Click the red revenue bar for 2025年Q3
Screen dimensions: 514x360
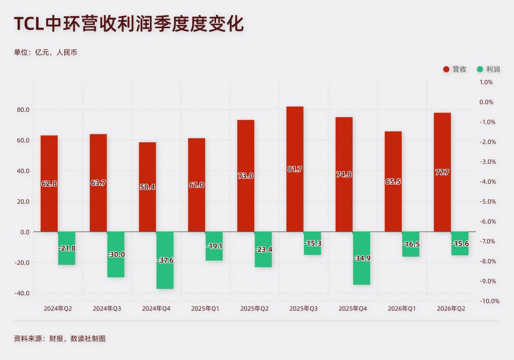point(295,169)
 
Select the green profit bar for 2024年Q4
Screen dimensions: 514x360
point(165,260)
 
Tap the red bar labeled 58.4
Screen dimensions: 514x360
point(148,187)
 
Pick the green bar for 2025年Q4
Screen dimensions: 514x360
point(362,259)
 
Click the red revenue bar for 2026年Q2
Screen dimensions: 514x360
point(442,172)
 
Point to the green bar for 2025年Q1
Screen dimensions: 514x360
point(214,246)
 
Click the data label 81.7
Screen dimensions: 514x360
point(295,169)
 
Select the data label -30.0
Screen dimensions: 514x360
point(116,254)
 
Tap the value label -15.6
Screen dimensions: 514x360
point(460,244)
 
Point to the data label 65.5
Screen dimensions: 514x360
point(393,181)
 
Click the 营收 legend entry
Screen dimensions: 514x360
point(455,69)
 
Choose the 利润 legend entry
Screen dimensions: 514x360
point(488,69)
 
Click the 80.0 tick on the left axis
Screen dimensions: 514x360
point(23,110)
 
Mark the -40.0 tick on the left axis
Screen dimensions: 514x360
point(21,293)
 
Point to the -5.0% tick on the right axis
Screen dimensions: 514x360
point(488,201)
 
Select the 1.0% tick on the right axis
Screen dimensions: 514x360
point(486,82)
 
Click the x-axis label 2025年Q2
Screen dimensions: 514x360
point(254,309)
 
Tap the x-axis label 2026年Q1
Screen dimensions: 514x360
point(402,309)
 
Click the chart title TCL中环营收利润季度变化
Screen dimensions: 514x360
point(129,24)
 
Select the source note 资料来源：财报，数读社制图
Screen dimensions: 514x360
point(59,339)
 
